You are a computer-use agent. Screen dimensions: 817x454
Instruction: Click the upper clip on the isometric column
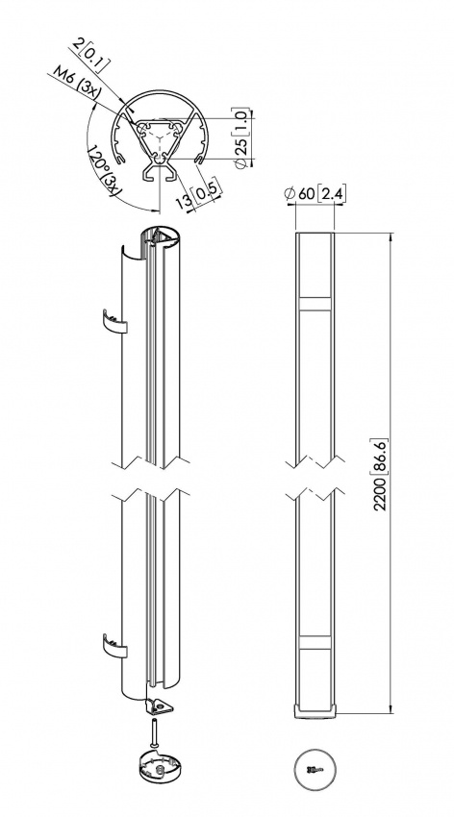(x=113, y=321)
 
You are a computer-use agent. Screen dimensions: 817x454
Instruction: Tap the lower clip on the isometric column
(x=113, y=644)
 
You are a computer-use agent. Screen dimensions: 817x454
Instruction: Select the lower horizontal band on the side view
(x=314, y=640)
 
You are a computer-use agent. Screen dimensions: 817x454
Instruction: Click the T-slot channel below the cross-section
(x=160, y=175)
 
